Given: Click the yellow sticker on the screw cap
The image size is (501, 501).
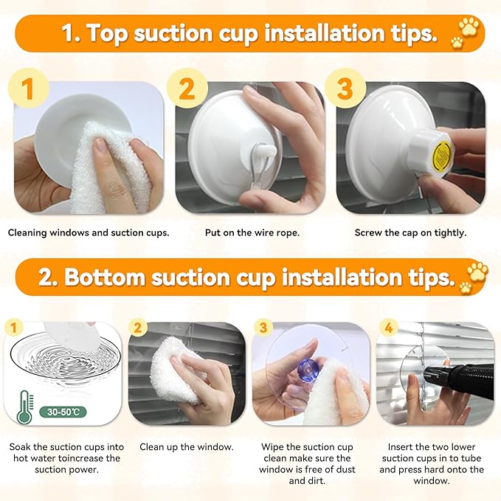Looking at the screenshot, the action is (441, 155).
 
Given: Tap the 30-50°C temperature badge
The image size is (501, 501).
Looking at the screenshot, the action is (63, 412).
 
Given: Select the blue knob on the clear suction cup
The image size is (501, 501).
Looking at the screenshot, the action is (307, 370).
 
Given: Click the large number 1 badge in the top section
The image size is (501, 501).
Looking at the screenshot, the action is (28, 89).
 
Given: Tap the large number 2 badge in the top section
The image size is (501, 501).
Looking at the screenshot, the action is (187, 89).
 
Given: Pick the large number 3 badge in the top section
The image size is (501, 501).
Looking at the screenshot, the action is (345, 89).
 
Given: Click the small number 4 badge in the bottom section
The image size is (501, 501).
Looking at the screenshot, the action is (388, 328).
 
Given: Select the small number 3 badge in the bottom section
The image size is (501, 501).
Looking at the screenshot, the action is (263, 328).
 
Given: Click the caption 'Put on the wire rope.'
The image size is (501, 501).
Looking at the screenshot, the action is (252, 232).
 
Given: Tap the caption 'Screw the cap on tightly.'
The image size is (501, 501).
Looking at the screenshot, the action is (410, 232).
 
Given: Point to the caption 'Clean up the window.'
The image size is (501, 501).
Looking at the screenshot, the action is (187, 446).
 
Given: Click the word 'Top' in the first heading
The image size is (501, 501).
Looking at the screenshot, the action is (107, 33).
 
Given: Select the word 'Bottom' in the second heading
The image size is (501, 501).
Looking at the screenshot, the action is (106, 277).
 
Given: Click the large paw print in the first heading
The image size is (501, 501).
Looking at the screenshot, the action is (469, 26).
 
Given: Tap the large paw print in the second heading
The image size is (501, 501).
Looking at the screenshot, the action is (477, 271).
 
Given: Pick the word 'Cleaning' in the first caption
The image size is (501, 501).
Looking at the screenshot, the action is (27, 233).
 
